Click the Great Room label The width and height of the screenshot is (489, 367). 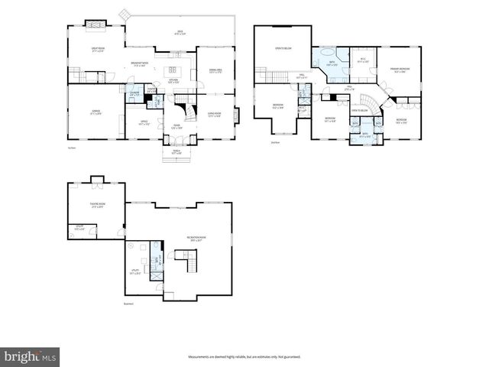point(97,50)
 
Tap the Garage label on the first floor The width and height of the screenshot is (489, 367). point(96,112)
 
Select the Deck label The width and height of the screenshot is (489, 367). point(180,32)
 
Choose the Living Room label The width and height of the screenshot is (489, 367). point(215,115)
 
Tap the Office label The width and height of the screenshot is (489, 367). point(143,121)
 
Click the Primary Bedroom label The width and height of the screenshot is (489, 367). point(400,69)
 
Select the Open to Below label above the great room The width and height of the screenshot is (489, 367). point(283,49)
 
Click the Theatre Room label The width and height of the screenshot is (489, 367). point(96,205)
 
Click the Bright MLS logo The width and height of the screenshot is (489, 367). point(31,356)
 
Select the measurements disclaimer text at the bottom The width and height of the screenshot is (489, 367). point(244,356)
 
